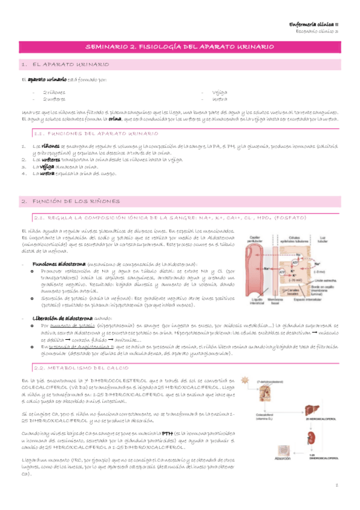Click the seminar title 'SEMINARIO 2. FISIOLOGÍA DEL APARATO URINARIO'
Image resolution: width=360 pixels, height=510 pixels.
pos(180,46)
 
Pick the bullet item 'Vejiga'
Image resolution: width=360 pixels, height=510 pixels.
pos(219,93)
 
